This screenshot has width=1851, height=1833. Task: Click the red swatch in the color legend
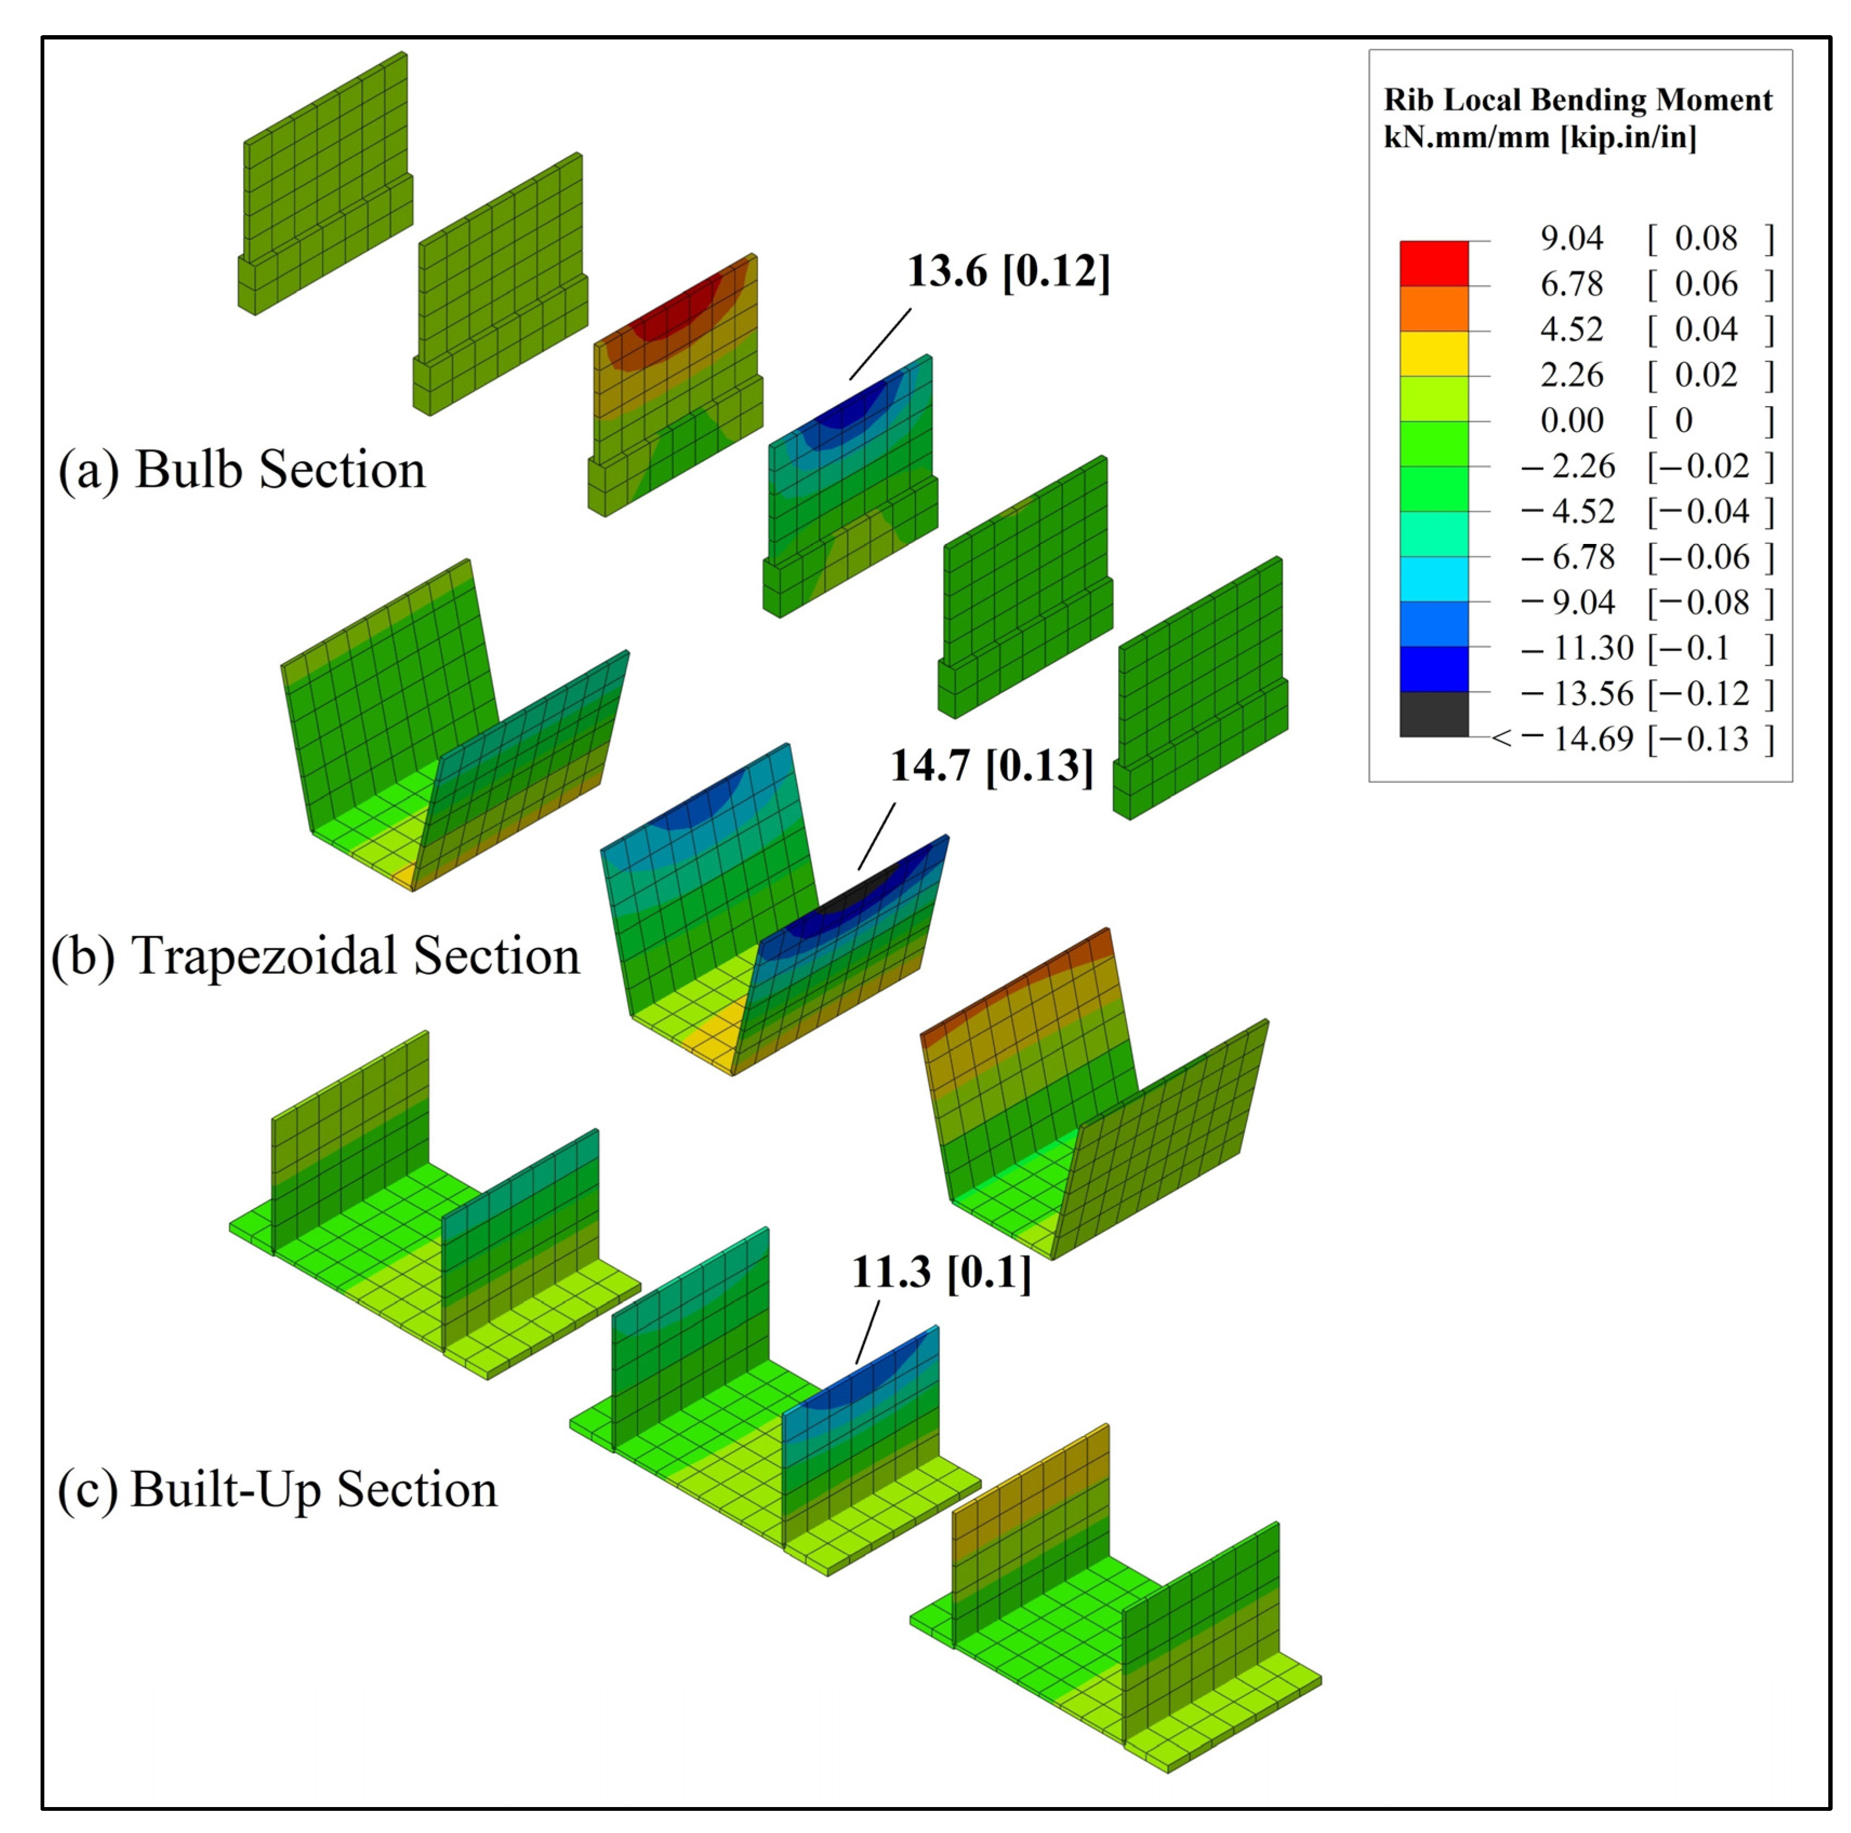tap(1434, 263)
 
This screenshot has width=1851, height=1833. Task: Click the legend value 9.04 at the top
tap(1571, 237)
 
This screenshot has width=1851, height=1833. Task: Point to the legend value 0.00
tap(1571, 420)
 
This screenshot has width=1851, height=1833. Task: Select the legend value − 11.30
tap(1577, 648)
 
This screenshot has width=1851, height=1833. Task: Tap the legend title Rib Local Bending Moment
tap(1577, 99)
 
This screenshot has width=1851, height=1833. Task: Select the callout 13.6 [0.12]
tap(1008, 272)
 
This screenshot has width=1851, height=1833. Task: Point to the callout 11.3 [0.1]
tap(941, 1272)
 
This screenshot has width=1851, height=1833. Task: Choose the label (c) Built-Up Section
tap(278, 1489)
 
